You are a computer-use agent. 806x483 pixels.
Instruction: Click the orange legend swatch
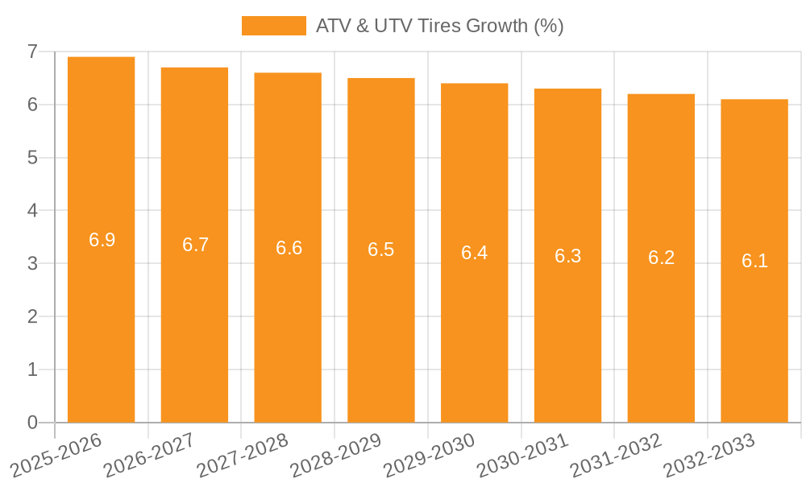point(273,26)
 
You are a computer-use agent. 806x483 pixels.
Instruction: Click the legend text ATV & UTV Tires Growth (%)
point(439,26)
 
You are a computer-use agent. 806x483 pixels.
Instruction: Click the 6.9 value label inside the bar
point(102,240)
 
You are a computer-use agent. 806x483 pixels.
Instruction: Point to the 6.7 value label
point(195,245)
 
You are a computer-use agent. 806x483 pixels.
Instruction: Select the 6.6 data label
point(289,248)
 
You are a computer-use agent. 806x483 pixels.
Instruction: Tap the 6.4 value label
point(474,253)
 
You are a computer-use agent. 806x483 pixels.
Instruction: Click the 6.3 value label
point(567,256)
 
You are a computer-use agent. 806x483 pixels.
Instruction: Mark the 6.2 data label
point(661,258)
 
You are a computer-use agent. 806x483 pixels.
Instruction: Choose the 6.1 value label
point(754,261)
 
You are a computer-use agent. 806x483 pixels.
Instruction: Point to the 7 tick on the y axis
point(32,52)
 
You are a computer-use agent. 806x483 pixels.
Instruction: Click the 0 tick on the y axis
point(32,423)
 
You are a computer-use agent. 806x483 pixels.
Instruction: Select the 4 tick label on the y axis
point(32,211)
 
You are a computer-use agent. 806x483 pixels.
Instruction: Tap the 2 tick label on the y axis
point(32,316)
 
